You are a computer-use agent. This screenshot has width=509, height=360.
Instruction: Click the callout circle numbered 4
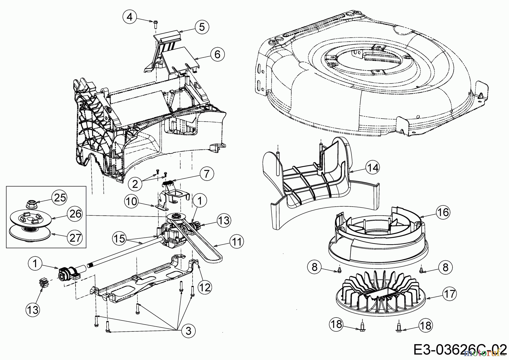coord(130,17)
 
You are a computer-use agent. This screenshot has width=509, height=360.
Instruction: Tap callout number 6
coord(217,54)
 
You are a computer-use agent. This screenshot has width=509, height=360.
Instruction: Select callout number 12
coord(204,288)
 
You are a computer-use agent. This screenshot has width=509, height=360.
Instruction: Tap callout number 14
coord(372,168)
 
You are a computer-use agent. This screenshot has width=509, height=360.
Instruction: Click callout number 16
coord(443,212)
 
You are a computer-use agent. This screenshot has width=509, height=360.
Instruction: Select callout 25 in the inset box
coord(60,198)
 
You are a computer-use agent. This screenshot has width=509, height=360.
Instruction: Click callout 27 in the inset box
coord(75,238)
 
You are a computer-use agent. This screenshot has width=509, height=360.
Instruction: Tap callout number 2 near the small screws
coord(135,184)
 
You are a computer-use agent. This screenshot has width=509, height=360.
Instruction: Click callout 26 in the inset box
coord(75,214)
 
